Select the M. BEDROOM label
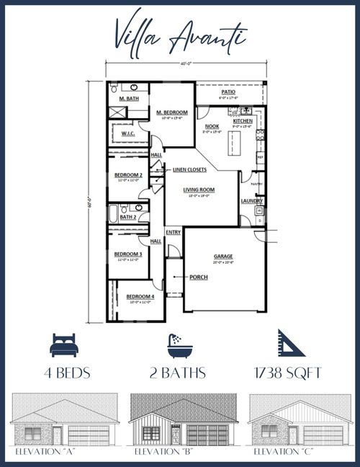tap(172, 112)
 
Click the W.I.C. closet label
tap(128, 133)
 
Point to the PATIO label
tap(228, 92)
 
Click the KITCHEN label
tap(243, 121)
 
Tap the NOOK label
tap(212, 126)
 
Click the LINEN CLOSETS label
tap(190, 169)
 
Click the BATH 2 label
tap(128, 217)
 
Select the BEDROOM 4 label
tap(140, 296)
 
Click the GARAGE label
tap(223, 257)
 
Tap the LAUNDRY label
tap(251, 201)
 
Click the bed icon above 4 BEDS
tap(64, 344)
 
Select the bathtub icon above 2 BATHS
tap(177, 344)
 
